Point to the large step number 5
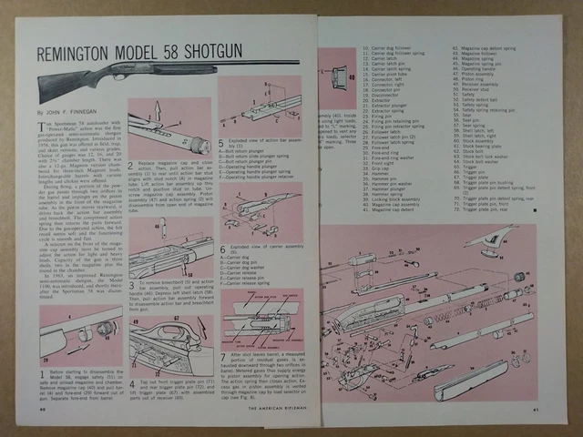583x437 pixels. [x=222, y=144]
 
